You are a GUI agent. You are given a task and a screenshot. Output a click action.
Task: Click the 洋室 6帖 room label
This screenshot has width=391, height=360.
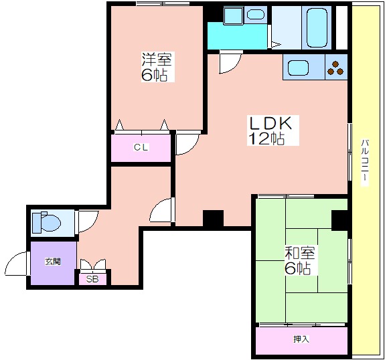157,67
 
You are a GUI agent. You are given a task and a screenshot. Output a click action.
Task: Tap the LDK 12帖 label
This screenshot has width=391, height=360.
272,130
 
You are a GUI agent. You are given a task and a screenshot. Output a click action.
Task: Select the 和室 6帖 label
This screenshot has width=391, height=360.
300,260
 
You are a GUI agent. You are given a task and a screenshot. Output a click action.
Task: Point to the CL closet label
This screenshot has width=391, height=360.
141,147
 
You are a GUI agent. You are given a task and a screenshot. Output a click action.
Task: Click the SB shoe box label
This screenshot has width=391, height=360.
92,279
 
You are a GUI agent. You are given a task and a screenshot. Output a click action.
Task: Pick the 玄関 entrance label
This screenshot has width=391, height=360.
53,262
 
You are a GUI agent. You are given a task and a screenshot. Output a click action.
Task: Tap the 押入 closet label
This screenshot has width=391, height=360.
301,339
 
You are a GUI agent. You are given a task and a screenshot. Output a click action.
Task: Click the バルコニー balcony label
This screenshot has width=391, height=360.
365,163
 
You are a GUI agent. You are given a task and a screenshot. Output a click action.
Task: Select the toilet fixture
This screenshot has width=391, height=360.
46,222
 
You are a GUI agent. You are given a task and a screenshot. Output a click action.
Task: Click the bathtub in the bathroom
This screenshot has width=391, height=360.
317,27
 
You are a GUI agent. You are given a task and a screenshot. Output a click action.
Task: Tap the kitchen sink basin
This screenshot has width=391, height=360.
299,68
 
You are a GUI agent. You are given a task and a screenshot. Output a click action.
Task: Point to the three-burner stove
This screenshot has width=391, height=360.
335,68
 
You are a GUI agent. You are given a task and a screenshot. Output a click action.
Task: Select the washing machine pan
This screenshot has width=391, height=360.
234,15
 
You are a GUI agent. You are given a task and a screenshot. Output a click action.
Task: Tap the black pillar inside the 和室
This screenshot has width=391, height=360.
339,220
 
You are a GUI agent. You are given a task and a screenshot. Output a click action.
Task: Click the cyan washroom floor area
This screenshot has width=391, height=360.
237,37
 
